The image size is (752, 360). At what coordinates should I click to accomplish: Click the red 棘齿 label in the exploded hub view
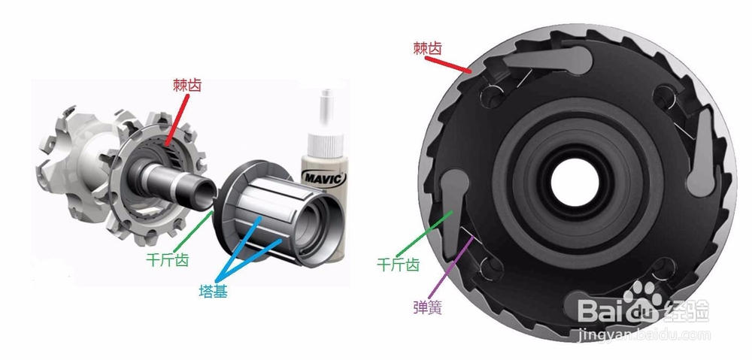tap(187, 86)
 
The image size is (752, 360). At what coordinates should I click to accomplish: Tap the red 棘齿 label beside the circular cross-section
tap(427, 48)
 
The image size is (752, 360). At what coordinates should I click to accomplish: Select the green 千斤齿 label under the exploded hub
tap(168, 260)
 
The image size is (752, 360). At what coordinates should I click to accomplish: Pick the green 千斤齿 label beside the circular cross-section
tap(399, 264)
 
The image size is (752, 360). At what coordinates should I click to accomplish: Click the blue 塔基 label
tap(214, 291)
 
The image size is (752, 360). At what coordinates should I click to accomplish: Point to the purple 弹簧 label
tap(427, 307)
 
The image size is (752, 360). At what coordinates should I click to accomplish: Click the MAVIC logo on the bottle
tap(324, 178)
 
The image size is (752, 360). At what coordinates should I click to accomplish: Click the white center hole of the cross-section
tap(575, 183)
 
